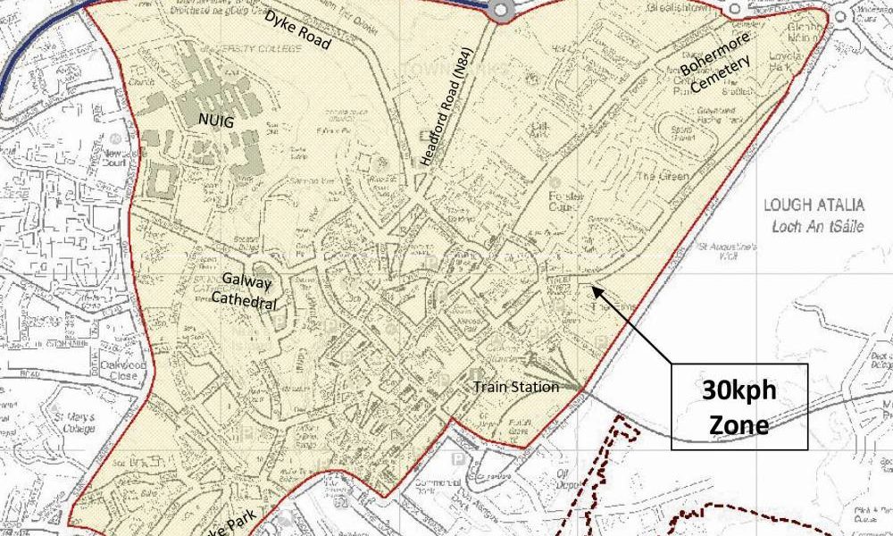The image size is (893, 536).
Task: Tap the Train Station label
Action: point(516,387)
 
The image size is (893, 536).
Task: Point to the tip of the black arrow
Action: point(592,287)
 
